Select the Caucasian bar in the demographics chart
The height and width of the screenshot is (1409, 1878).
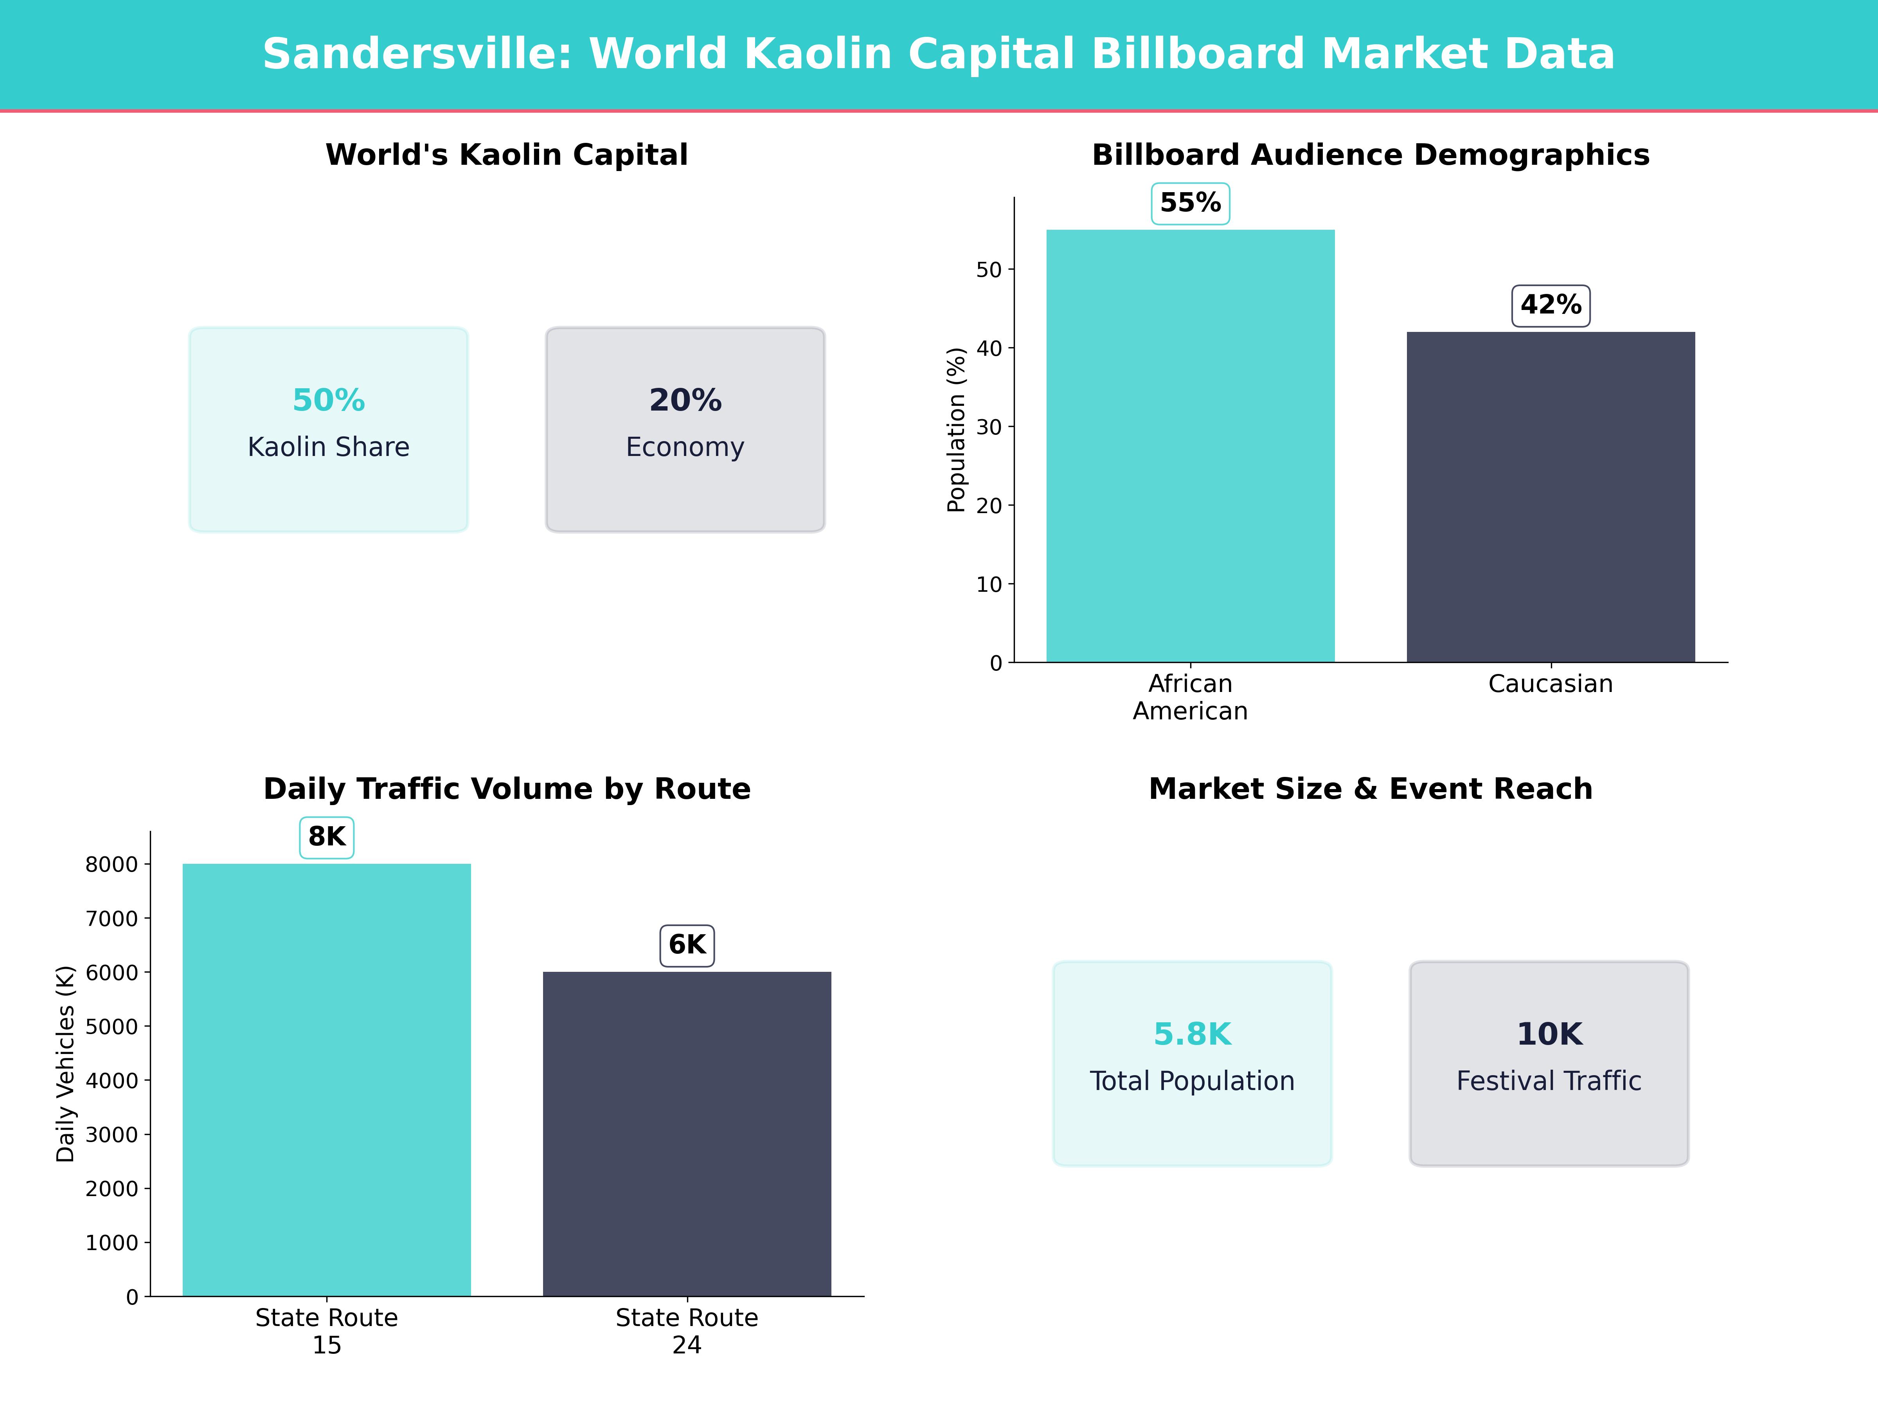point(1550,497)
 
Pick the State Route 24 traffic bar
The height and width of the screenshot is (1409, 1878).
point(687,1134)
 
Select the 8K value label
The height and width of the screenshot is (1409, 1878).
point(327,838)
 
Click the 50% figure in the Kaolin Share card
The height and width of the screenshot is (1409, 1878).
point(329,400)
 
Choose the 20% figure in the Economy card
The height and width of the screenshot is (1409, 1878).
point(685,400)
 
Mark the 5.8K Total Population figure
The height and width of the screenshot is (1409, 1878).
point(1192,1034)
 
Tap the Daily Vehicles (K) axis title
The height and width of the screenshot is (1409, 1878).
point(65,1063)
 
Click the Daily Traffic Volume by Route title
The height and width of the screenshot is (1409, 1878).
point(507,789)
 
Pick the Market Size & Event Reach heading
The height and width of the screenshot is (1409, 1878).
point(1370,789)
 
